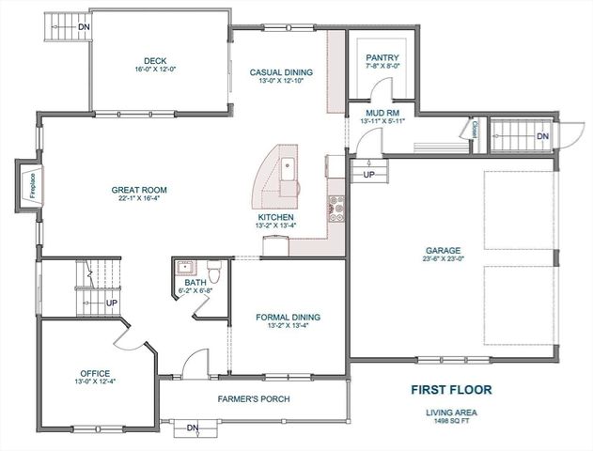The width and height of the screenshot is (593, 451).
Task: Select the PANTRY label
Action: (382, 57)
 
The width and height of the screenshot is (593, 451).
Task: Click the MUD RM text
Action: (382, 114)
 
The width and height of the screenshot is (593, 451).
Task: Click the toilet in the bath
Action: (215, 272)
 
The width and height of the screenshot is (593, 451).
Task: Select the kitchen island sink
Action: (289, 170)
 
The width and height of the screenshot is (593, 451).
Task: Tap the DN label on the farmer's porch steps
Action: (193, 428)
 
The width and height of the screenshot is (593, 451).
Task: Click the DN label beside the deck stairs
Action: (85, 26)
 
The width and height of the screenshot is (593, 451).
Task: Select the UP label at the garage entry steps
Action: (369, 175)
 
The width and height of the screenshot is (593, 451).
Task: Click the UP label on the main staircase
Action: (111, 303)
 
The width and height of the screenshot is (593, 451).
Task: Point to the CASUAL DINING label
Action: (281, 71)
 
